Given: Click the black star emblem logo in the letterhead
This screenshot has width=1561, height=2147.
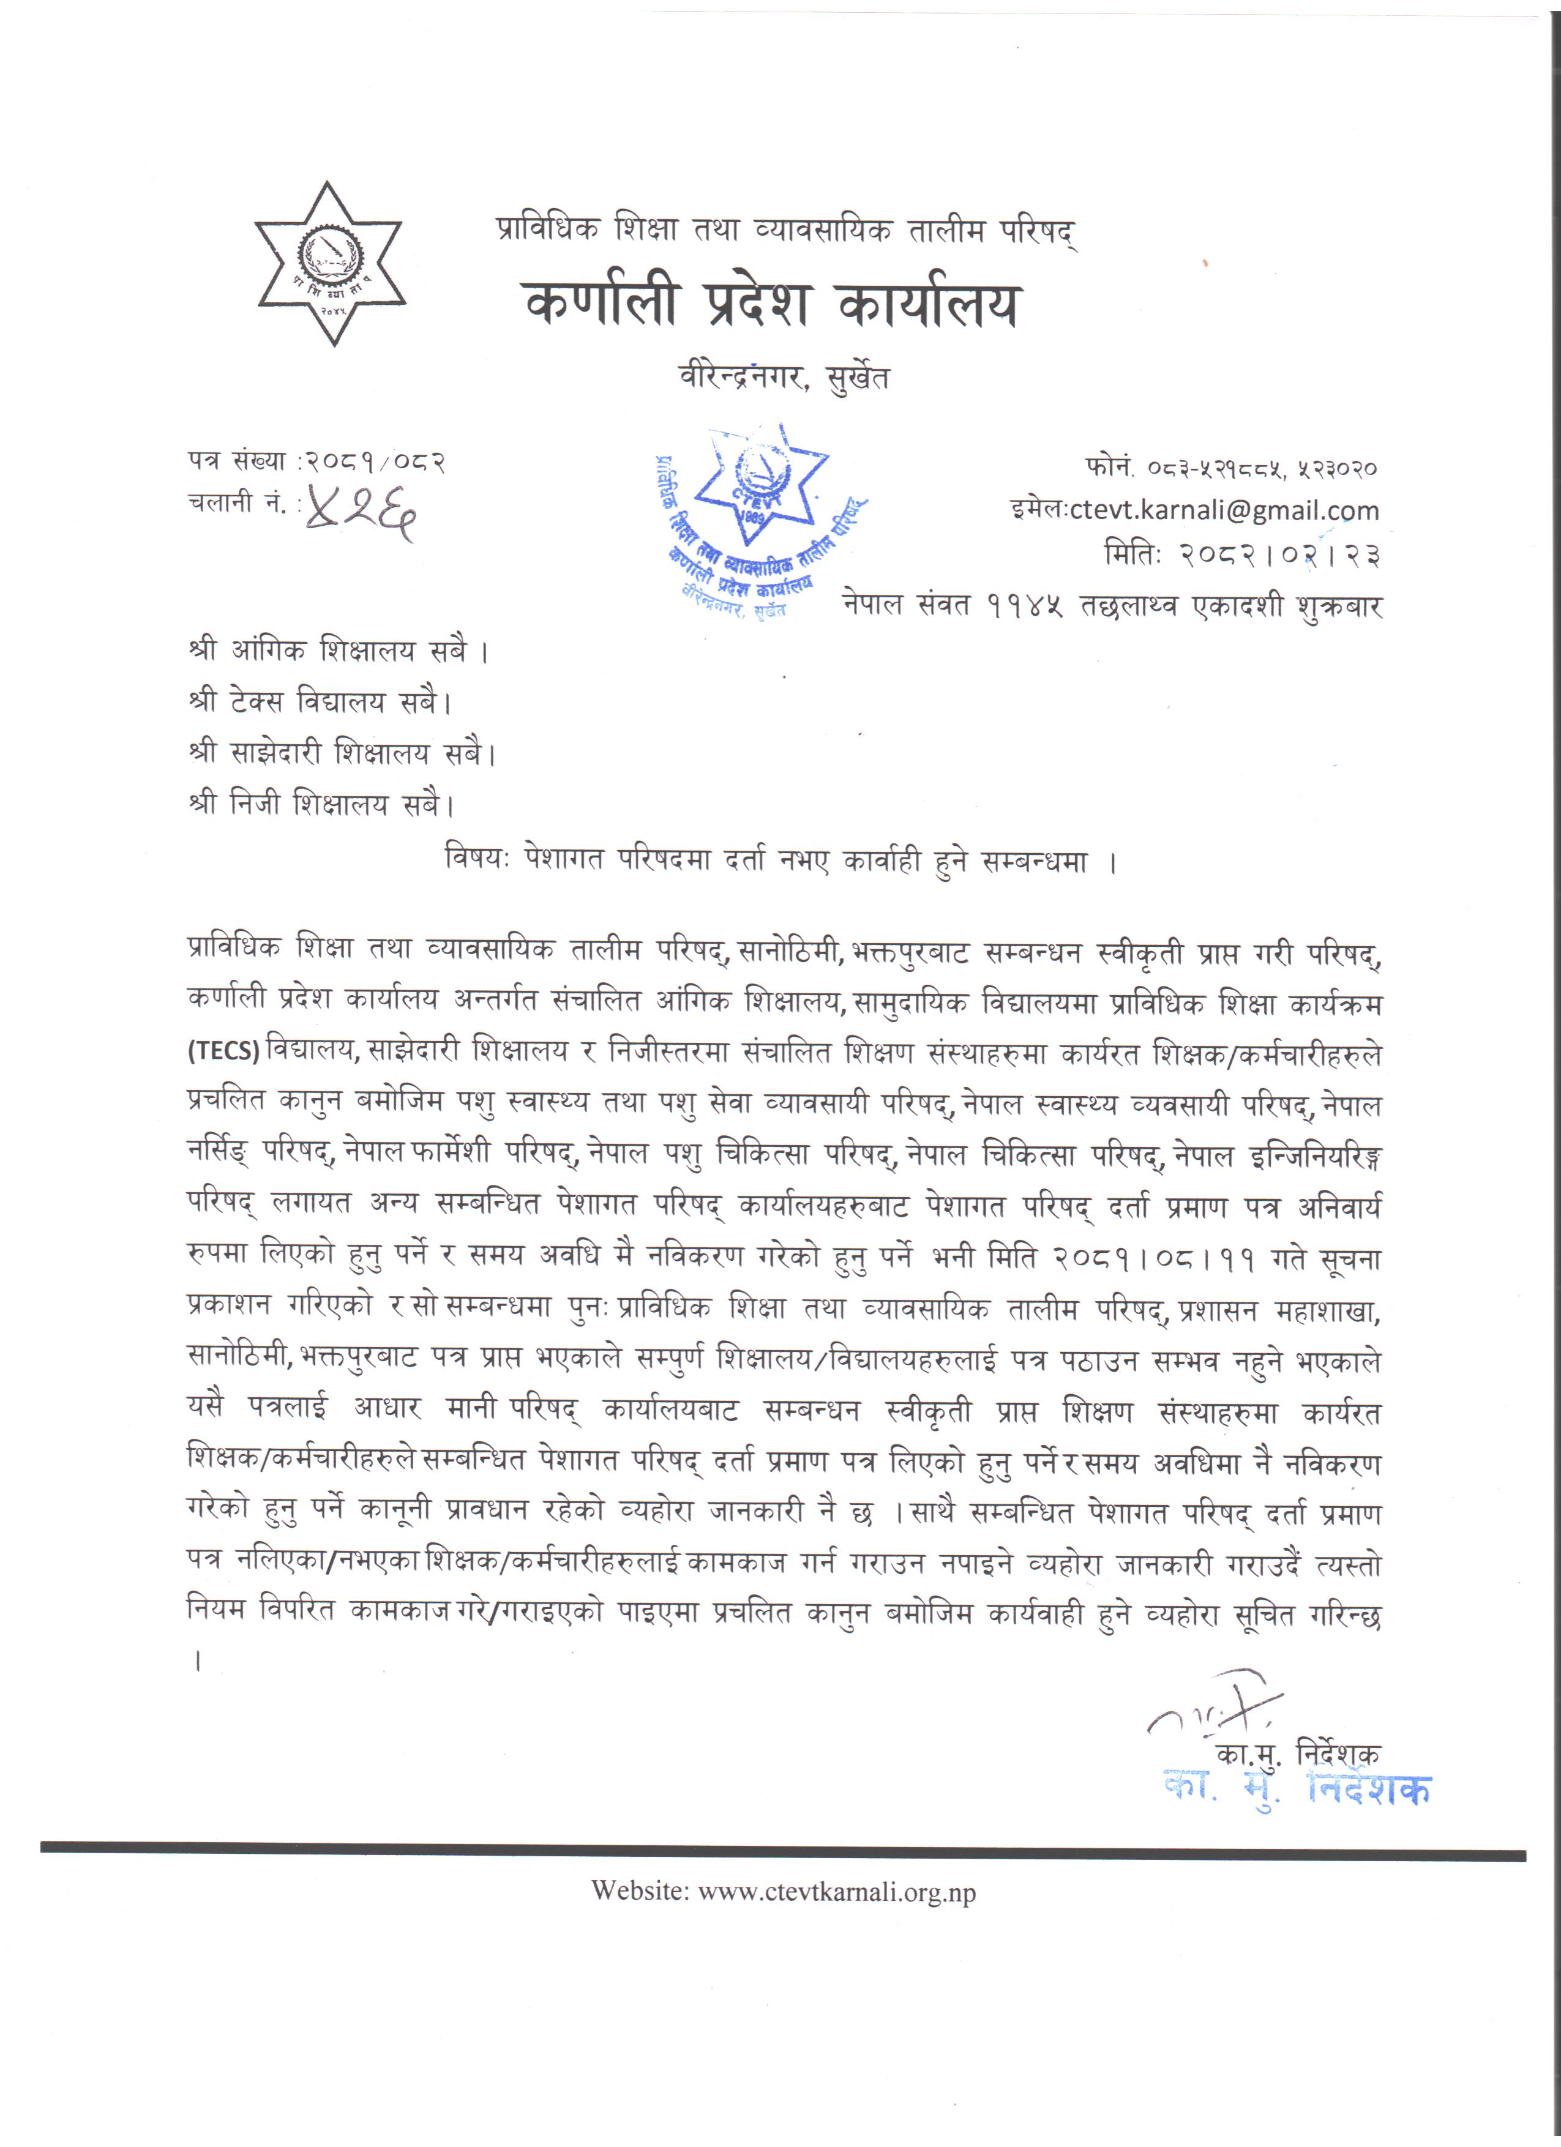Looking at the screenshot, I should coord(329,263).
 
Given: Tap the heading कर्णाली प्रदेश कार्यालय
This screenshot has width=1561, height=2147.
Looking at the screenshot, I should coord(771,305).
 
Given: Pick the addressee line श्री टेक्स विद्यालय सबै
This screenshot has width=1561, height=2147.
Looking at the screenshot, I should coord(320,703).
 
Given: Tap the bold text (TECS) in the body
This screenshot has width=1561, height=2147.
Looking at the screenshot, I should coord(223,1051).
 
